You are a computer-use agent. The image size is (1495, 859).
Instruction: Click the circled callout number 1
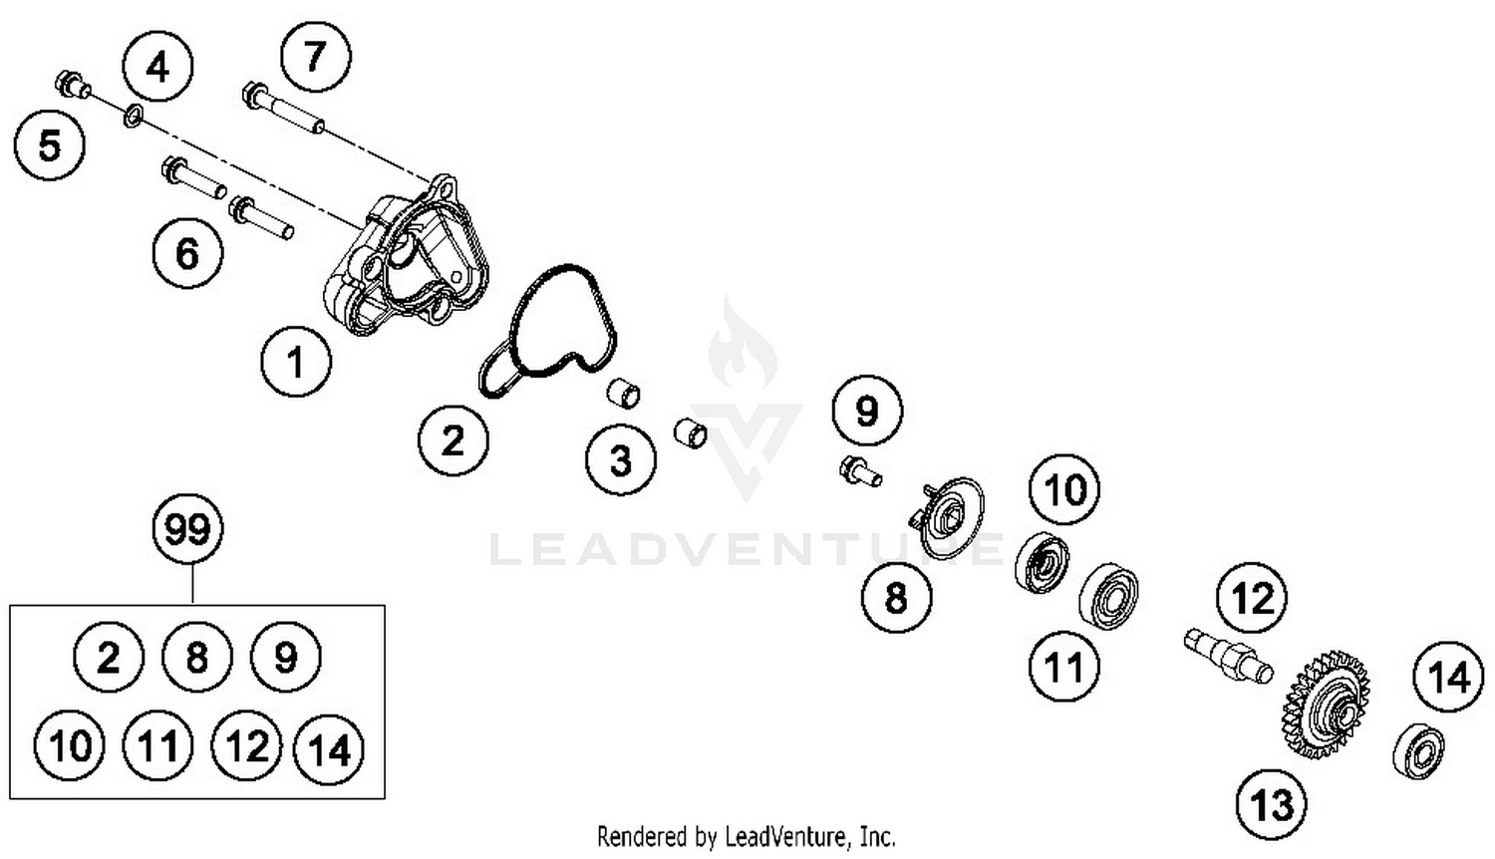[296, 362]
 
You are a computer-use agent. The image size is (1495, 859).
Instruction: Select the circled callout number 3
[621, 459]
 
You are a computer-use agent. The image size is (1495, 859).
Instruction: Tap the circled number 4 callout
[157, 67]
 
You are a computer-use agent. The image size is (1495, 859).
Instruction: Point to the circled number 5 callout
[50, 144]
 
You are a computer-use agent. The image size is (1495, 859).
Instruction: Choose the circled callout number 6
[187, 253]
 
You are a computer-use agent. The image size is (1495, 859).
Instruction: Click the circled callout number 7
[316, 56]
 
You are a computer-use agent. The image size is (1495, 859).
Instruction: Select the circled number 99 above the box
[188, 529]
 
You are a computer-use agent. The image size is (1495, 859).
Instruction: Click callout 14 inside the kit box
[329, 748]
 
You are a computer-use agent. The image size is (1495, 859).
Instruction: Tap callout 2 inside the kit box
[108, 657]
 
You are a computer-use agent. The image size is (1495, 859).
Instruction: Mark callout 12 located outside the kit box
[1252, 597]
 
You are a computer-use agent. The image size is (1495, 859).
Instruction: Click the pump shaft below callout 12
[1228, 657]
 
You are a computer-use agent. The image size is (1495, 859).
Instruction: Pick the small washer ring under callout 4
[133, 115]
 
